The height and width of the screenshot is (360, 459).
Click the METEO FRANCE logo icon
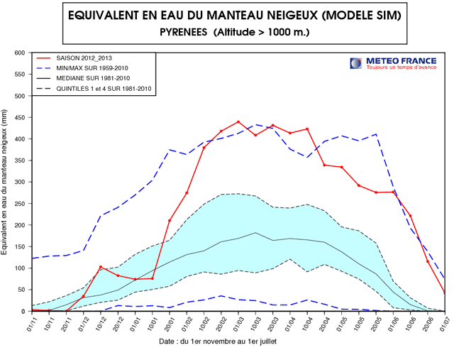click(x=355, y=64)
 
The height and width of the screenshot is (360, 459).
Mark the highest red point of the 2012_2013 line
click(x=238, y=122)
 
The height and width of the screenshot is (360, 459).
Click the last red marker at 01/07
click(x=445, y=293)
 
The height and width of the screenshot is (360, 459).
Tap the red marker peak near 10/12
click(x=101, y=267)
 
